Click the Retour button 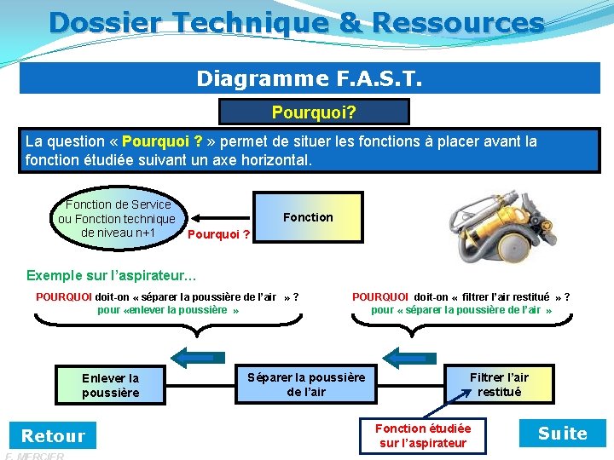pyautogui.click(x=53, y=435)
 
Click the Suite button pyautogui.click(x=562, y=434)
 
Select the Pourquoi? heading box pyautogui.click(x=314, y=112)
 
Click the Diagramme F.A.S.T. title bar pyautogui.click(x=309, y=78)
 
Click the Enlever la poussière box pyautogui.click(x=110, y=385)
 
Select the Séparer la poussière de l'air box pyautogui.click(x=305, y=383)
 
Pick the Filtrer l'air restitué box pyautogui.click(x=499, y=383)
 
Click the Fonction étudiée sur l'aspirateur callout pyautogui.click(x=423, y=434)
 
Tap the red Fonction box pyautogui.click(x=308, y=217)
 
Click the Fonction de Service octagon pyautogui.click(x=116, y=218)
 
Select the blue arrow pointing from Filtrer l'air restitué pyautogui.click(x=408, y=356)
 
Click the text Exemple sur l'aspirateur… pyautogui.click(x=112, y=275)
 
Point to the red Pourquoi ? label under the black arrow pyautogui.click(x=218, y=234)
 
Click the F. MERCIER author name pyautogui.click(x=34, y=456)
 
